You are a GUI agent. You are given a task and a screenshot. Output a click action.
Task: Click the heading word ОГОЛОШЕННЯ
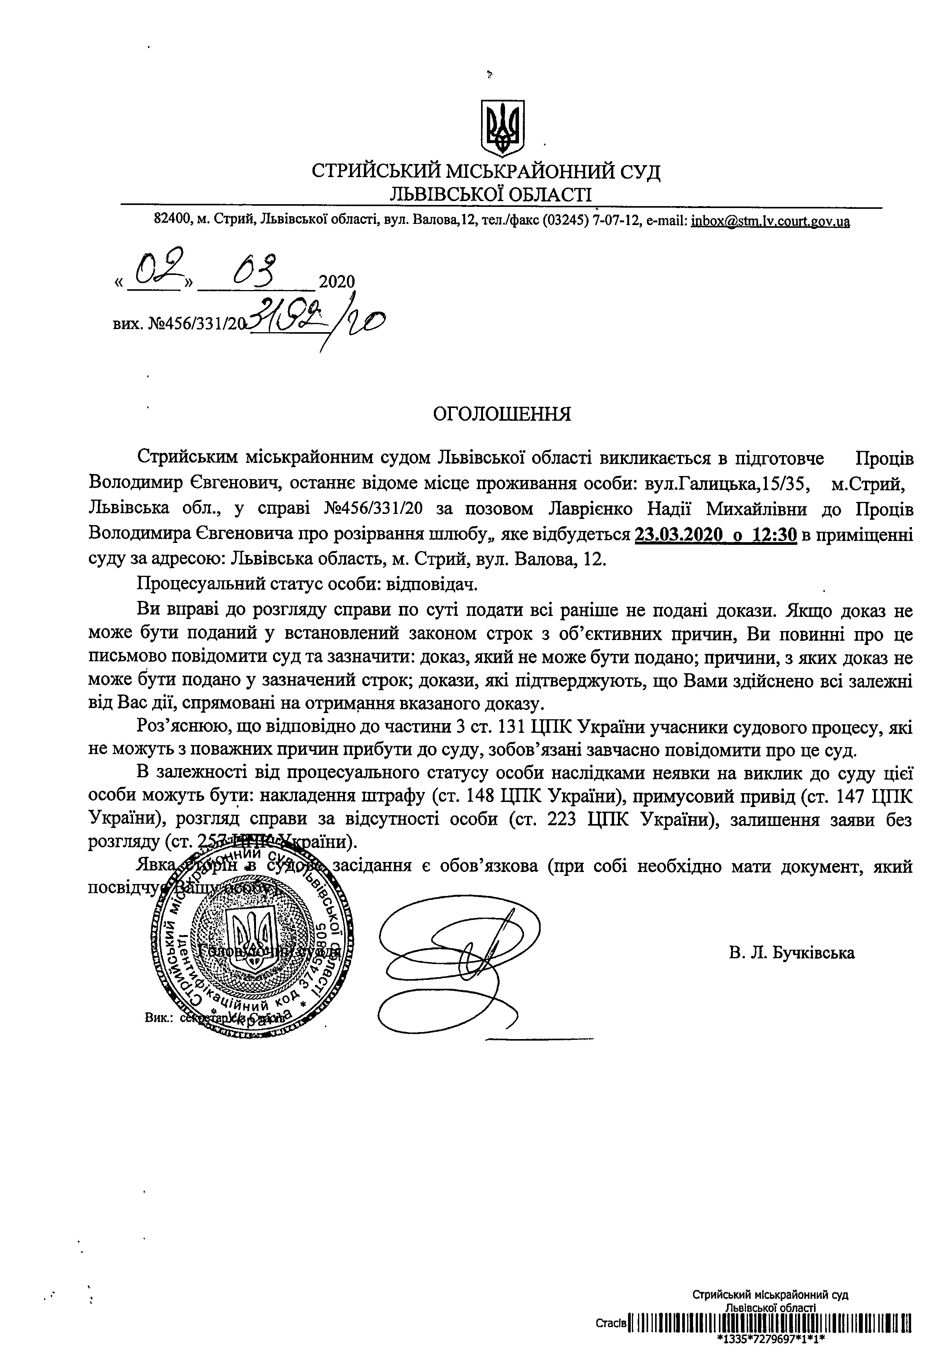tap(502, 414)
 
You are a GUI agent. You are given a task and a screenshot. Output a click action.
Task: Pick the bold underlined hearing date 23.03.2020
tap(674, 535)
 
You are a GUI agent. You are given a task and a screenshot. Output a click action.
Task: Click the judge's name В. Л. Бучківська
tap(792, 953)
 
